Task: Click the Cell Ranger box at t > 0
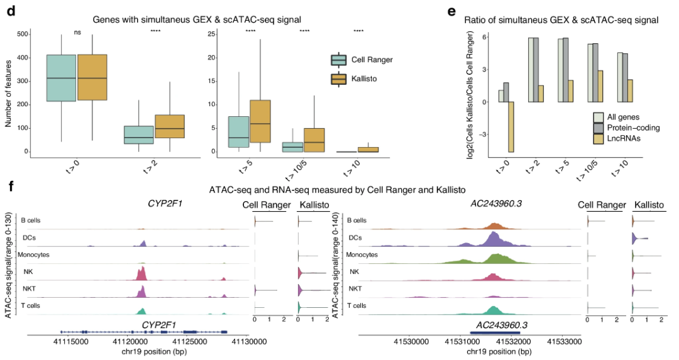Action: click(x=61, y=78)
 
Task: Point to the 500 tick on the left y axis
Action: click(x=22, y=34)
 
